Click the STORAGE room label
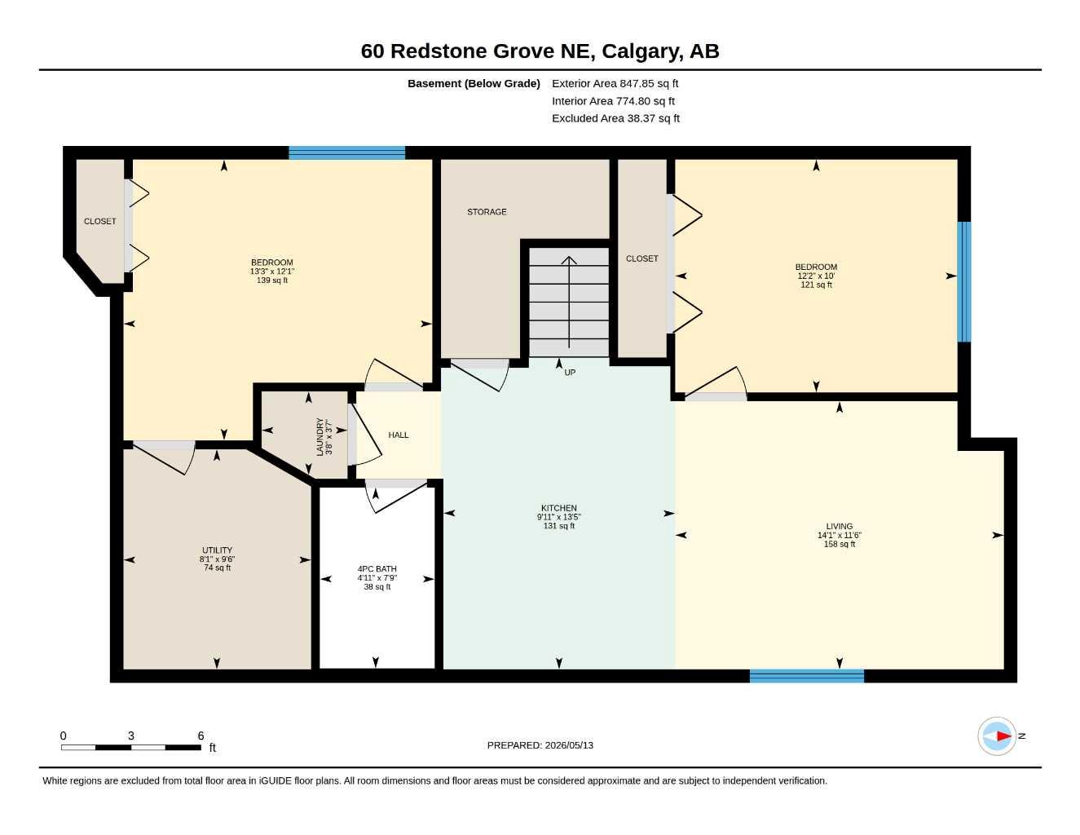[487, 212]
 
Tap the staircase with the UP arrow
[569, 302]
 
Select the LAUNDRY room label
[320, 436]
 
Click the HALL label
[398, 435]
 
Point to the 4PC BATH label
[377, 568]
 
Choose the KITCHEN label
[558, 508]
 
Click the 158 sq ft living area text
[840, 544]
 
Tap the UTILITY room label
[217, 550]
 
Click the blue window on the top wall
[347, 152]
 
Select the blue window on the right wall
[964, 282]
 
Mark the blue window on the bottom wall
[807, 676]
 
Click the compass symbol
[997, 736]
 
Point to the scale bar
[131, 747]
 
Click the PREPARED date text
[540, 745]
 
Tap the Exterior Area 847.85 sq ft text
[615, 83]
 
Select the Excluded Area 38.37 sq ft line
[615, 118]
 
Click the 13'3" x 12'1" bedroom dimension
[272, 272]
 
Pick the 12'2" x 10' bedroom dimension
[816, 276]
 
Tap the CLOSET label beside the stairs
[641, 258]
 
